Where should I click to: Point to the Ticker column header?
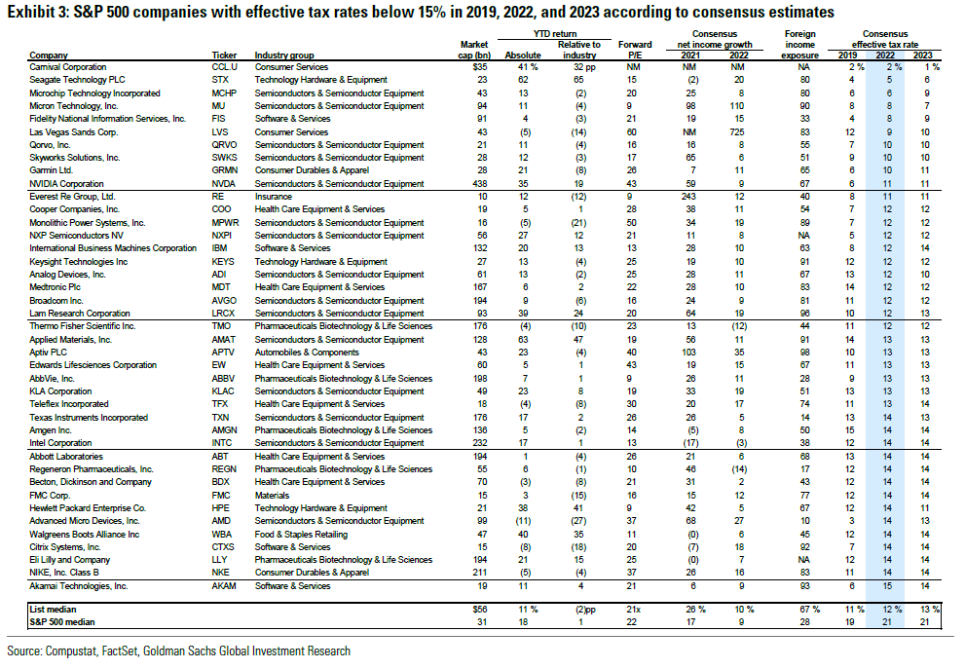tap(224, 55)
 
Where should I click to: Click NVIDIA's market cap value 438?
tap(479, 183)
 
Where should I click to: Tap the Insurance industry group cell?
tap(273, 196)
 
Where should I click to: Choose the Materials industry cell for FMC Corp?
tap(272, 495)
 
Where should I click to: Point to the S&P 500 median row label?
tap(59, 620)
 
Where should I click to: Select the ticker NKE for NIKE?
tap(220, 573)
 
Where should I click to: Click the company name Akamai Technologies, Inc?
tap(79, 586)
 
